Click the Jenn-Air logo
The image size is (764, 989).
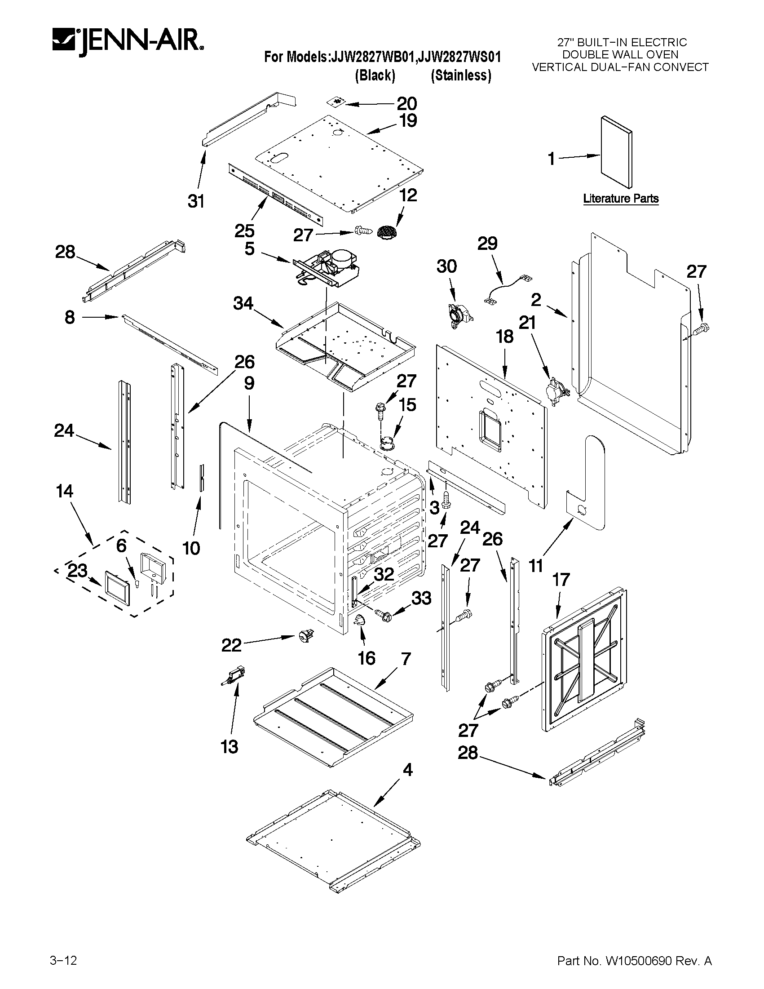[128, 43]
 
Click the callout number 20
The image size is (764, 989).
[406, 104]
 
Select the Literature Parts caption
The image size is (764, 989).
[621, 198]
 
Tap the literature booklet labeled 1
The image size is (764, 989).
[616, 153]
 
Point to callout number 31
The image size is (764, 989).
[196, 201]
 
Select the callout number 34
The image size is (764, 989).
[243, 303]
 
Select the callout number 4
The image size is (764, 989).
[407, 770]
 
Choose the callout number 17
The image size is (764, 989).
[561, 580]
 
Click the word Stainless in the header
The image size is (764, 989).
[461, 75]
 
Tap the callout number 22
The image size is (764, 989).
[231, 645]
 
